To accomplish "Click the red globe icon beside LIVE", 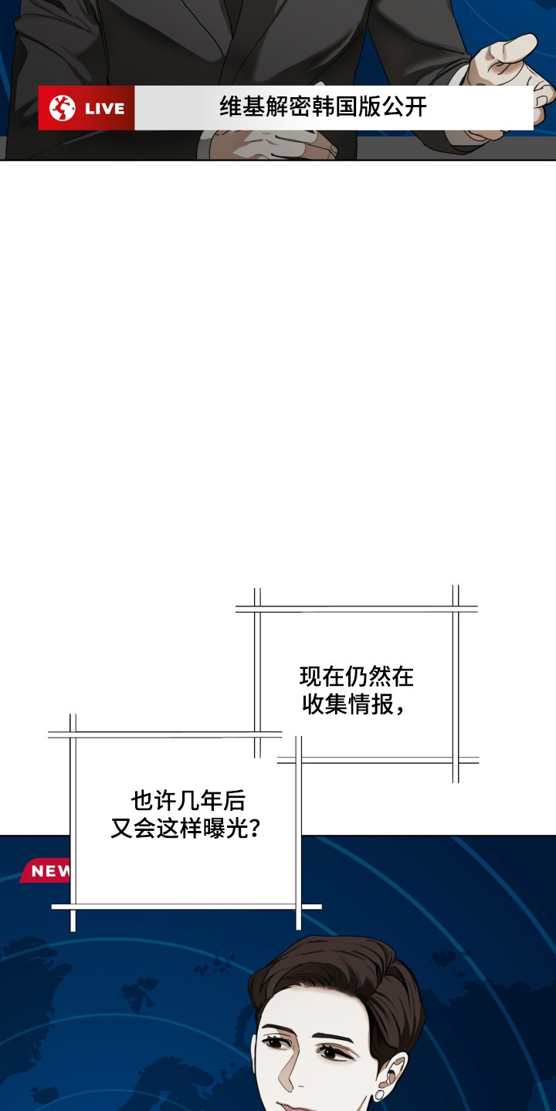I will (x=63, y=108).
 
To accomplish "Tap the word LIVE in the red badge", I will (x=104, y=109).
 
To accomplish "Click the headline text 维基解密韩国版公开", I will (x=323, y=106).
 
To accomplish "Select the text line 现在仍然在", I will (x=356, y=677).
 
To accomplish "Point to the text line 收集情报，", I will (x=353, y=704).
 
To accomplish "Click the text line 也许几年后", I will (x=188, y=801).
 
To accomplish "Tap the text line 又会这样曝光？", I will (x=185, y=829).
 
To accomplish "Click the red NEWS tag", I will (x=50, y=871).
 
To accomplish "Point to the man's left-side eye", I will (x=275, y=1042).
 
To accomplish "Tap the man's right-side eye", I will (x=334, y=1052).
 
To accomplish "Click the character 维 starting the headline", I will (x=231, y=106).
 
